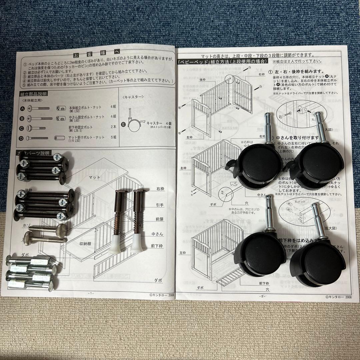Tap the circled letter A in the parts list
[x=22, y=108]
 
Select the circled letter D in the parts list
[x=22, y=138]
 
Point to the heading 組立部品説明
[x=33, y=94]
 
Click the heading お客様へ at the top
[x=96, y=53]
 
